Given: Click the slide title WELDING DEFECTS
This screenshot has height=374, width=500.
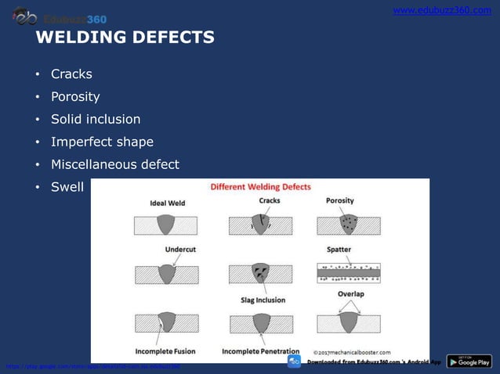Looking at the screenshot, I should (125, 38).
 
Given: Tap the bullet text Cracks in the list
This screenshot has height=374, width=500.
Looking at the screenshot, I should (71, 74).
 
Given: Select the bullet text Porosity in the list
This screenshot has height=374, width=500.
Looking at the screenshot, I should (75, 97).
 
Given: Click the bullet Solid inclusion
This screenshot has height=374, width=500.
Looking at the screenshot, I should (96, 120).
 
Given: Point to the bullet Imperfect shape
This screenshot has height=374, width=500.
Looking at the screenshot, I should (102, 142).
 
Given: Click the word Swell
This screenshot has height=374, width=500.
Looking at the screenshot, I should (67, 188).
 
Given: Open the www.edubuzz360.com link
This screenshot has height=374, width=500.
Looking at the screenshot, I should (441, 10).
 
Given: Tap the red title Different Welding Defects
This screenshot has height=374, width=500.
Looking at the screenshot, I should (260, 187).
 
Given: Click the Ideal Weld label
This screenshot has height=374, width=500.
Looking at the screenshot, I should (168, 203).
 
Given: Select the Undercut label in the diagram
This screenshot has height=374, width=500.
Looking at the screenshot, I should (179, 250).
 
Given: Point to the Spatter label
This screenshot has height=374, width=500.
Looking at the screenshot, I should (339, 250).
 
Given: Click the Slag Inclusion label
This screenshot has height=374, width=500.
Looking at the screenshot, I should (263, 300).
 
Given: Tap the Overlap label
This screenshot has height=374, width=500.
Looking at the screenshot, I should (351, 294).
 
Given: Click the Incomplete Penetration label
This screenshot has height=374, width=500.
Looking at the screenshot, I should (261, 351).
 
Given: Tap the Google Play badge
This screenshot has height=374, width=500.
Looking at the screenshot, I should (469, 361).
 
